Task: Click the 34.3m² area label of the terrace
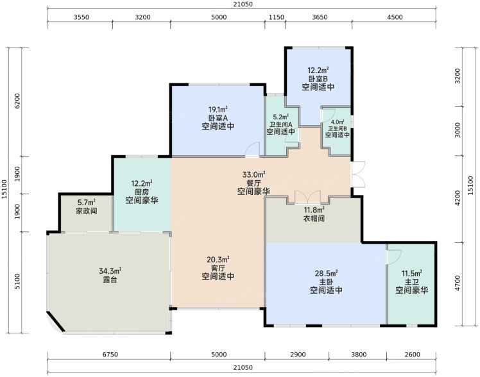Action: point(110,271)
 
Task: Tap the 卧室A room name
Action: point(218,118)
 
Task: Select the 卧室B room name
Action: point(318,79)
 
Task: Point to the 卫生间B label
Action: point(338,128)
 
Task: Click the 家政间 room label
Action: point(87,211)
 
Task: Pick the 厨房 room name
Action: point(142,192)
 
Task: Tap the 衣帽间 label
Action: point(314,218)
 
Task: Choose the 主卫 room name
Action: point(412,281)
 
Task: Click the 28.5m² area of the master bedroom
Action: point(327,272)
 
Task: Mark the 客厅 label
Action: point(218,268)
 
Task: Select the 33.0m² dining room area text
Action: point(253,174)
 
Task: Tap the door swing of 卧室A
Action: point(252,150)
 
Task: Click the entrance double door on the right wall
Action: point(358,174)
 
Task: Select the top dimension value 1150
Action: point(277,17)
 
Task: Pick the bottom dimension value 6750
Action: point(110,355)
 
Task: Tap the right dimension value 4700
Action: point(458,283)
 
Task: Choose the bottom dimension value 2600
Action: point(412,355)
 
